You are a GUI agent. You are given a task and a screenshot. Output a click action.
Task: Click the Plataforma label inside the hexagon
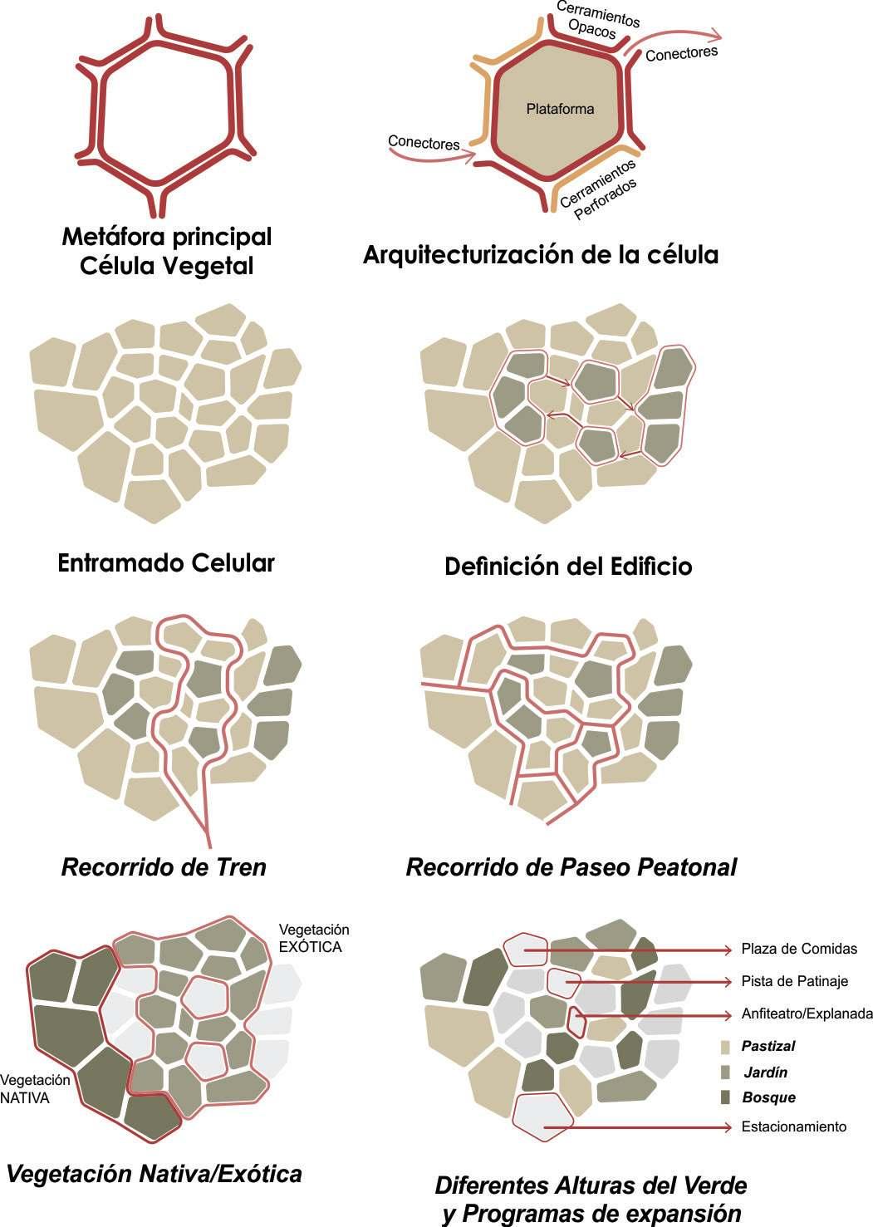click(x=560, y=109)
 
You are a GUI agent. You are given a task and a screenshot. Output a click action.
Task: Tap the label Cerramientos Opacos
click(x=596, y=22)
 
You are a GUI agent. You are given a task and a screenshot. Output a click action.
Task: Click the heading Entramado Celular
click(x=166, y=562)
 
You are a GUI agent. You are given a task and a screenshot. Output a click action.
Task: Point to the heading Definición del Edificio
click(x=568, y=566)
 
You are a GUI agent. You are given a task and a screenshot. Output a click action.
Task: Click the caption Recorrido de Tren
click(x=164, y=867)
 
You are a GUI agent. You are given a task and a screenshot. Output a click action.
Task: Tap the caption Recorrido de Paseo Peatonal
click(x=571, y=867)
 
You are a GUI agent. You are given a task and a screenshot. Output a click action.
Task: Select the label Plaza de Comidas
click(x=799, y=949)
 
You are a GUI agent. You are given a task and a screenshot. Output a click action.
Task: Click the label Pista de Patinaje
click(x=794, y=981)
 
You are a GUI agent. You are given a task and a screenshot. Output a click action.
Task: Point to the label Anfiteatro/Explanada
click(x=807, y=1014)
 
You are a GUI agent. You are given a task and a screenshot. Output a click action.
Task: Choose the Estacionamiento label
click(x=793, y=1126)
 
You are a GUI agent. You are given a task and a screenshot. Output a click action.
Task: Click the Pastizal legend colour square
click(x=725, y=1047)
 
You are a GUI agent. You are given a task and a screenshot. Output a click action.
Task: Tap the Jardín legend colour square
click(x=725, y=1072)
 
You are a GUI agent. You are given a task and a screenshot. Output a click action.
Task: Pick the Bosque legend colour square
click(x=725, y=1097)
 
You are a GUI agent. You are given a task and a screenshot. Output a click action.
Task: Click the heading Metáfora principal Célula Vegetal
click(x=167, y=251)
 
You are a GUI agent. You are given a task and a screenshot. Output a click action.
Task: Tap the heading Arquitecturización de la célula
click(x=540, y=254)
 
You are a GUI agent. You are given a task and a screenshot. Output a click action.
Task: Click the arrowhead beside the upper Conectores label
click(x=714, y=35)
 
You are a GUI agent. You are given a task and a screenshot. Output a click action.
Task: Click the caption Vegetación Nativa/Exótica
click(x=154, y=1174)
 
